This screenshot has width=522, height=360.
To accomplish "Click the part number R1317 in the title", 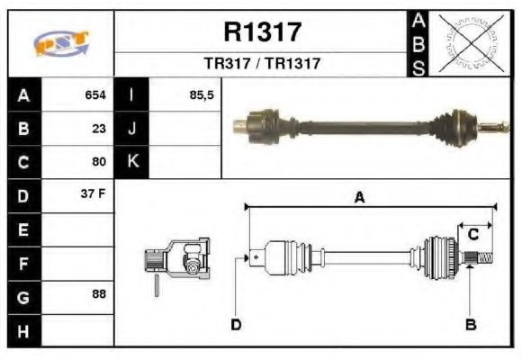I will tap(262, 32).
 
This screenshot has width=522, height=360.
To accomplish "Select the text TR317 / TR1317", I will tap(262, 64).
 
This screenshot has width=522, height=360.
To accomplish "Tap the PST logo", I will tap(61, 42).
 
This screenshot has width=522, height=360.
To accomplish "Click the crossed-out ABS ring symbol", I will tap(471, 42).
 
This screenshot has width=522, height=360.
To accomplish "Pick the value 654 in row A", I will tap(95, 94).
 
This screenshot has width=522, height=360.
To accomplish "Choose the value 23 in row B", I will tap(100, 128).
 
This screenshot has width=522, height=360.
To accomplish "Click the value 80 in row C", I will tap(100, 162).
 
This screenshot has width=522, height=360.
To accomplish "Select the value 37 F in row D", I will tap(95, 195).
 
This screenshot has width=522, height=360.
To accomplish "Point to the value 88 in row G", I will tap(100, 294).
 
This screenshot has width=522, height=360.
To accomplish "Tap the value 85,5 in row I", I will tap(202, 94).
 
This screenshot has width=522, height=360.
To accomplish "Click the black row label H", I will tap(22, 330).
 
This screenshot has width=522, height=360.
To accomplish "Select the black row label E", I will tap(22, 229).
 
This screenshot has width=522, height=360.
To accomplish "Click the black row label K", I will tap(131, 162).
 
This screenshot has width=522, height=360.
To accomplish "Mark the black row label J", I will tap(131, 128).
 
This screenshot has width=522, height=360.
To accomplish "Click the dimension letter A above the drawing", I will tap(359, 198).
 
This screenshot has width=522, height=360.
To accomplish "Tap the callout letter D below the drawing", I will tap(236, 324).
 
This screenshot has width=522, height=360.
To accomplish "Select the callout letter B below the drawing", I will tap(470, 324).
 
